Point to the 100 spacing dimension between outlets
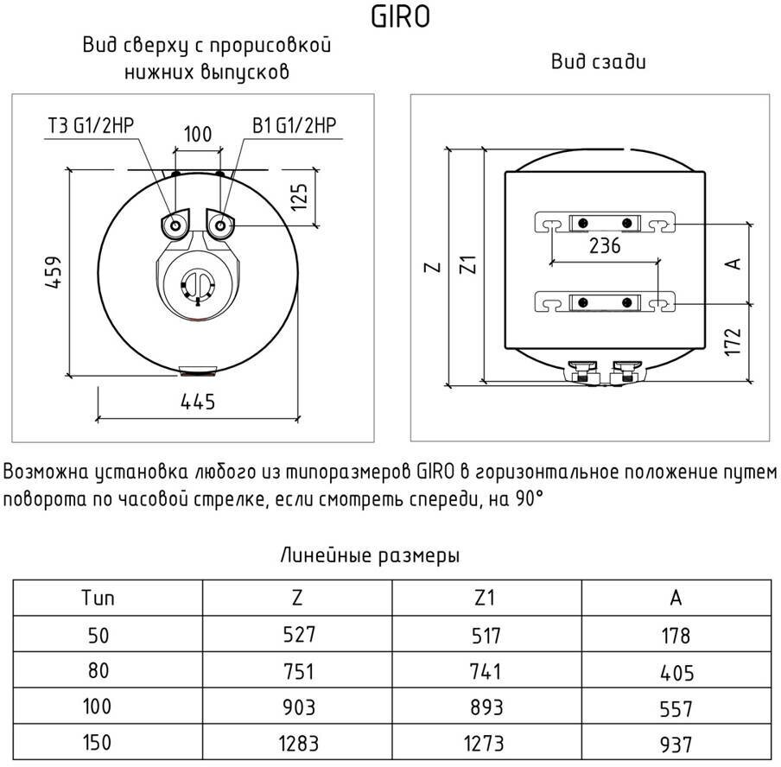(x=198, y=134)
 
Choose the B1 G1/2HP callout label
(x=294, y=127)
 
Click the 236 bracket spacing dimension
(x=605, y=246)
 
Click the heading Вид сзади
(x=599, y=62)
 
